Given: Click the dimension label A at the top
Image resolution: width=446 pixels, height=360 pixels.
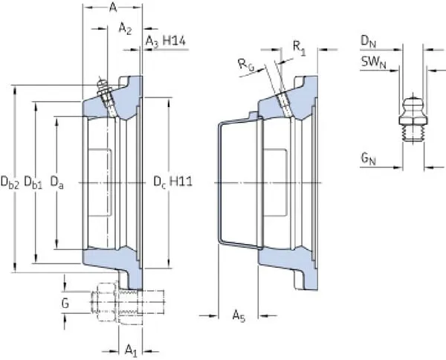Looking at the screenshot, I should tap(112, 7).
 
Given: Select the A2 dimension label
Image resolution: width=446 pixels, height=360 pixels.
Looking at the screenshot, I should tap(125, 29).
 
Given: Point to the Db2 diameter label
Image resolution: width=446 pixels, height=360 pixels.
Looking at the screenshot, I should tap(10, 180).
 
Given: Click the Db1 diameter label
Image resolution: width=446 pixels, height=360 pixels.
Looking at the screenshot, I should tap(33, 180).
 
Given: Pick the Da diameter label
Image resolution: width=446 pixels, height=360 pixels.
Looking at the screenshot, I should tap(56, 180).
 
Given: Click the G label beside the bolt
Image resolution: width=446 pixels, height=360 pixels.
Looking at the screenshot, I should tap(65, 303).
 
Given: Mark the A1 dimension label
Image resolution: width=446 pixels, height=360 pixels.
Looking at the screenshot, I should tap(129, 349).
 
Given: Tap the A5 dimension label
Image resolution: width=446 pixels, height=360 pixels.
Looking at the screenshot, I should tap(239, 316).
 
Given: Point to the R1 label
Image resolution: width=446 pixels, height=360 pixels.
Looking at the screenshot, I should tap(299, 47).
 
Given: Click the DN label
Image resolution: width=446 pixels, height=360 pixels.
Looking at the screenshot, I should tap(368, 39).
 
